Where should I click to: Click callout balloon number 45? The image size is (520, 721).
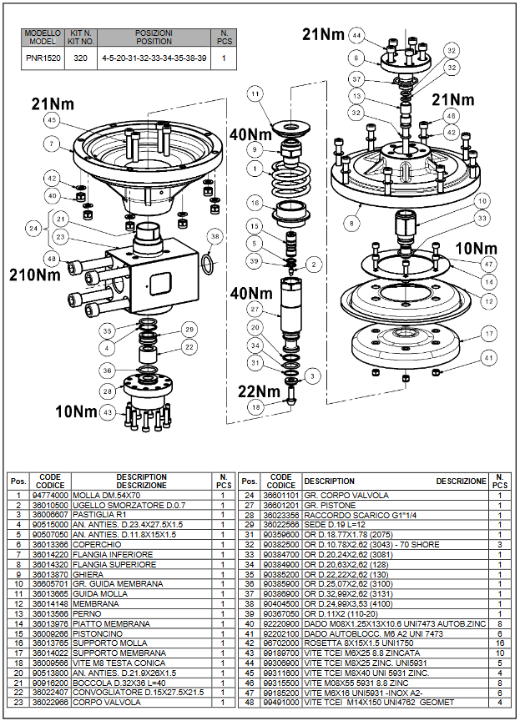(53, 120)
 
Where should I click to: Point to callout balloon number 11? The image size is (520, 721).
(255, 95)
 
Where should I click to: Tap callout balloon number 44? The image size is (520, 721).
(357, 36)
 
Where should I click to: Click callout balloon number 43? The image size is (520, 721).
(107, 412)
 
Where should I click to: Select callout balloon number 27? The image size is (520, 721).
(255, 309)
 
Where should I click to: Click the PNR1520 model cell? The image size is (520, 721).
(42, 58)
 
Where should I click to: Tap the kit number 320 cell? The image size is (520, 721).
(80, 58)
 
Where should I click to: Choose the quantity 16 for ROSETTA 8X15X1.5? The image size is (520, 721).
(499, 643)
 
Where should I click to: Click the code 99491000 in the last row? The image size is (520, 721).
(281, 703)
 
